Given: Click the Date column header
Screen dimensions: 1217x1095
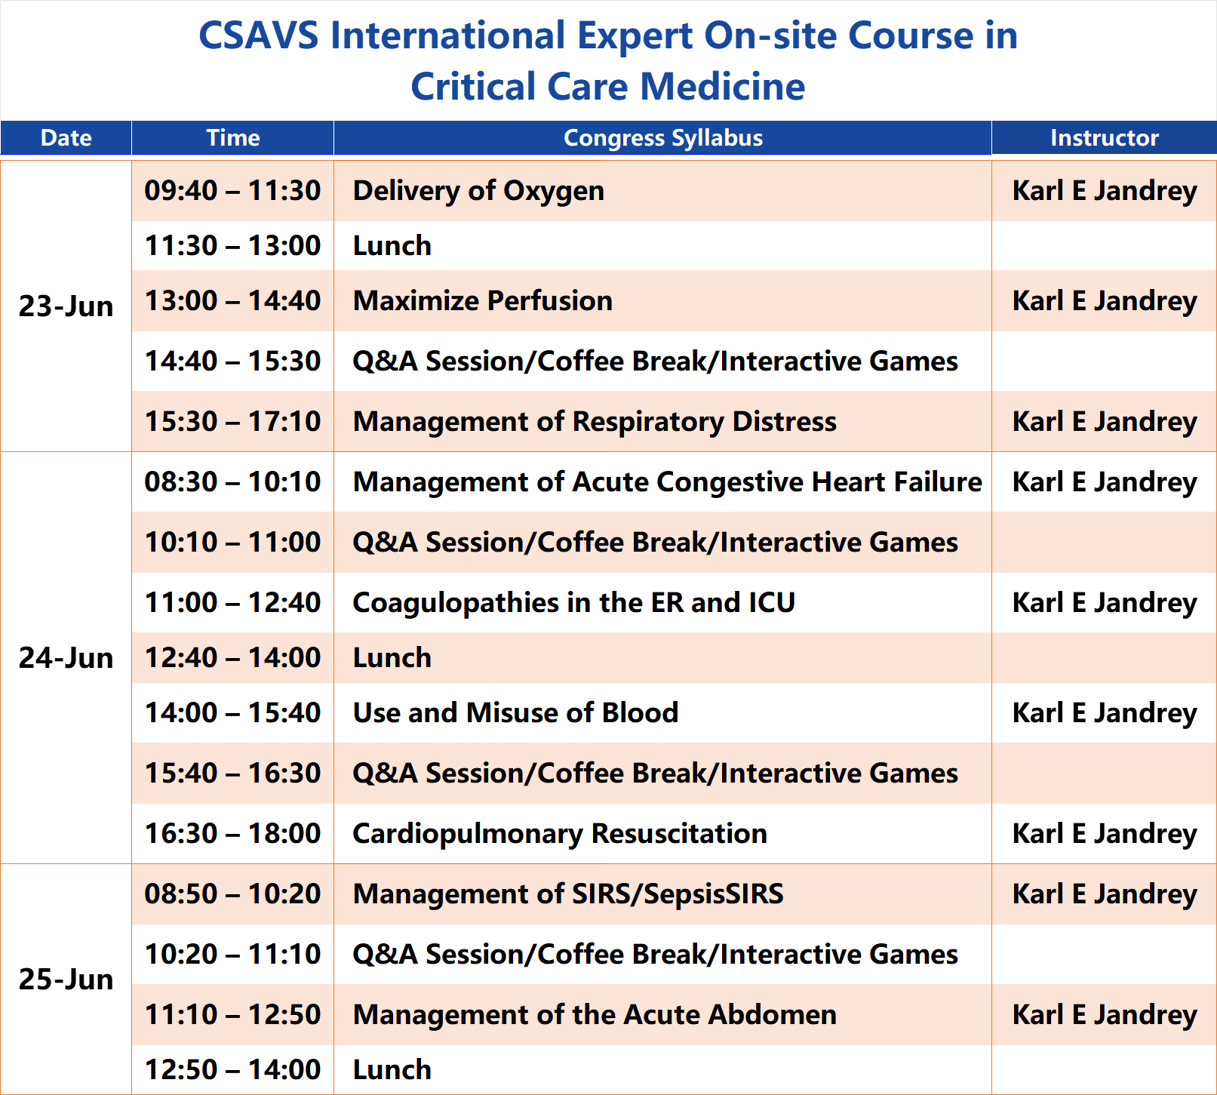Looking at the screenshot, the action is [66, 138].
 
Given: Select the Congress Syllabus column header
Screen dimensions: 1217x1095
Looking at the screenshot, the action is [663, 138].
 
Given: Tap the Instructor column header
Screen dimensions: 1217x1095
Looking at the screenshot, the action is [1105, 138].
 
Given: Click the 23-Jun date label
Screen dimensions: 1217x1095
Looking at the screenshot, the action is [66, 306].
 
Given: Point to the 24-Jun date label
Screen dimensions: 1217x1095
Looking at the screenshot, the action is [66, 658].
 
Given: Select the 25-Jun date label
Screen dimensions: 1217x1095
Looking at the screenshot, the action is [66, 980].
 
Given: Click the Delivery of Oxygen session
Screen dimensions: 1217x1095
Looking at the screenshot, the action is [478, 191].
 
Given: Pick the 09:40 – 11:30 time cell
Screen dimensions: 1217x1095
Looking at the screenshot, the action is [232, 191].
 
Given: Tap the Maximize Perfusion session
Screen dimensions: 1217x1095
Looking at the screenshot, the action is [483, 301].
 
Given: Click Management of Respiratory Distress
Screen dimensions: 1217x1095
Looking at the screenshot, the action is [595, 422].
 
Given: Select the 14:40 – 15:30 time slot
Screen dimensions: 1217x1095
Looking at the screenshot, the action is [232, 361].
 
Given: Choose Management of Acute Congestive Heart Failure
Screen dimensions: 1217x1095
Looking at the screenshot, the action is [668, 482].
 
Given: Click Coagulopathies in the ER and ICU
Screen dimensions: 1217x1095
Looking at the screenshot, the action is [574, 603].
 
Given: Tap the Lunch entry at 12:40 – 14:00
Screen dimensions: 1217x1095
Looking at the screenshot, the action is [392, 658].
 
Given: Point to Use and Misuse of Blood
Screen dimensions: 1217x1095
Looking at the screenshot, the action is [516, 713].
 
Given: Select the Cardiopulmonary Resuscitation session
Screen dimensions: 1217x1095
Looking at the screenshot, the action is [560, 834].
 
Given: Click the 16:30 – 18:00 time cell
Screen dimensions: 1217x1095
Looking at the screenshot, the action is [232, 834].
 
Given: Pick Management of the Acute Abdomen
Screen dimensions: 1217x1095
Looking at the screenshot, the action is [595, 1015].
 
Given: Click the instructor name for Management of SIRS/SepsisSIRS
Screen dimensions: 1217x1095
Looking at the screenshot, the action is [1105, 894].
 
